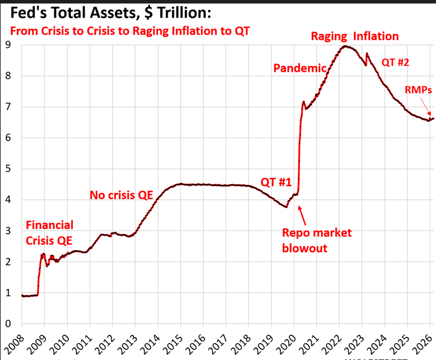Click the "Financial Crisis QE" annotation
pos(49,232)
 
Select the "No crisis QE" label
pos(121,195)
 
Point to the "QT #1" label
pos(276,182)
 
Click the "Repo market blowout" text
pos(317,240)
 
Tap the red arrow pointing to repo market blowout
pos(303,215)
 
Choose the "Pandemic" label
pos(299,68)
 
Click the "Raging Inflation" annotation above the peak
pos(354,36)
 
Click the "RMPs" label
pos(418,90)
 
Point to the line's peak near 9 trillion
pos(346,46)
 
